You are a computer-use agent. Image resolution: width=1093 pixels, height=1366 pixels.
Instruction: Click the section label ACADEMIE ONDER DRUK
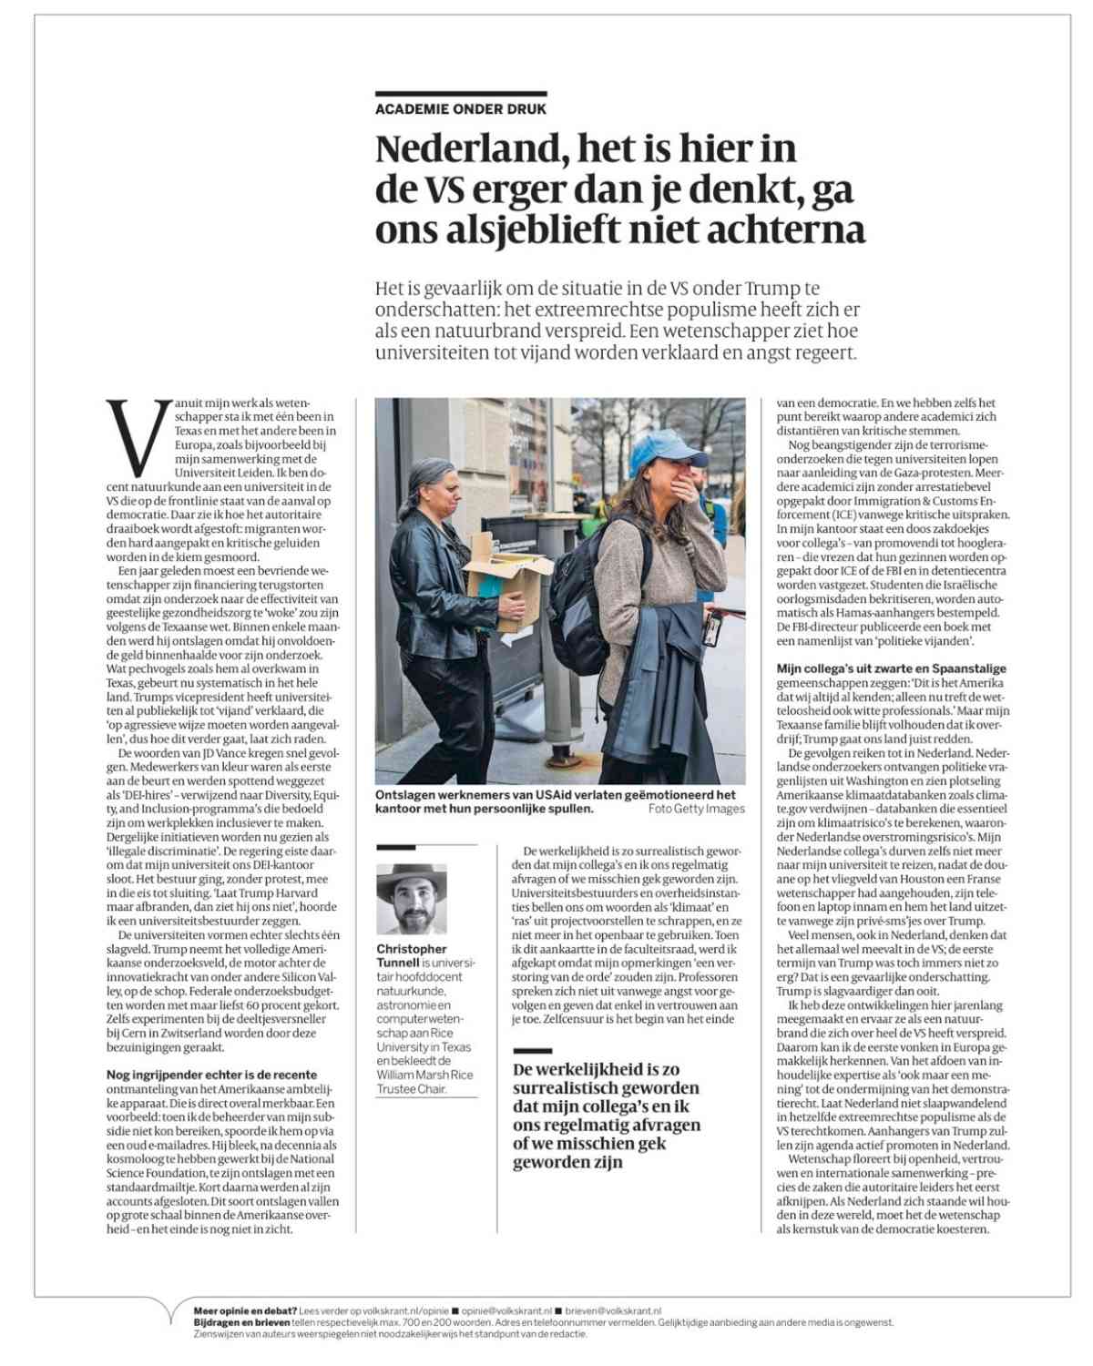click(461, 109)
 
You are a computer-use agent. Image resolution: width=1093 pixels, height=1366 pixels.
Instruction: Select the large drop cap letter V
click(138, 439)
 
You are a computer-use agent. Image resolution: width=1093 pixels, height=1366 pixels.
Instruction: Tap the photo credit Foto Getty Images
click(696, 809)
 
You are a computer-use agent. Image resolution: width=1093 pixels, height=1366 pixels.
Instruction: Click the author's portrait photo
click(412, 900)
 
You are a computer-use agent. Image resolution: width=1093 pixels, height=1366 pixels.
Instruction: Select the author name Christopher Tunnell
click(412, 955)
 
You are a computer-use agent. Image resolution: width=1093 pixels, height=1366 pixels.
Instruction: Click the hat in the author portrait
click(412, 878)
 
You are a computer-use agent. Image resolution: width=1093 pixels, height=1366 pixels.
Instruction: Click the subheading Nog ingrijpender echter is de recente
click(211, 1075)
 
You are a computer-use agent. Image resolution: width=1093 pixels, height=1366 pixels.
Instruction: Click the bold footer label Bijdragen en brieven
click(241, 1321)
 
